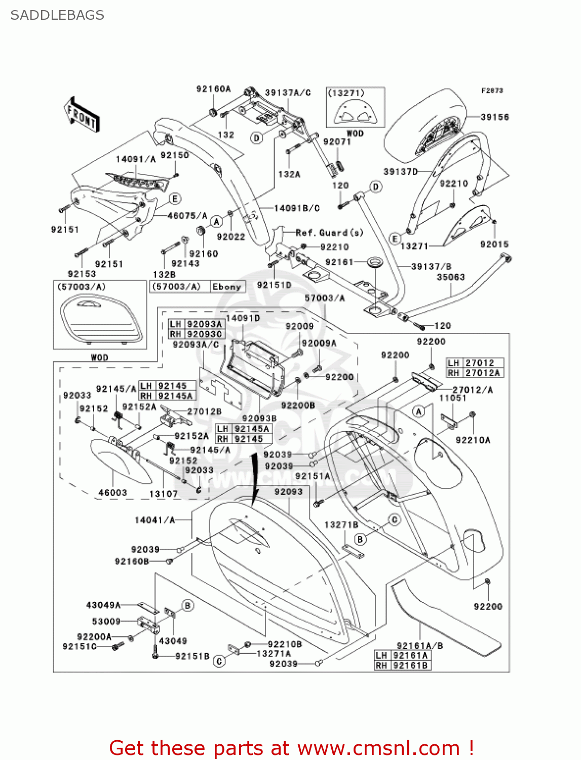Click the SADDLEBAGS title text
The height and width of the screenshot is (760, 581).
point(57,15)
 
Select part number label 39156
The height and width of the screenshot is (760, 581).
point(494,117)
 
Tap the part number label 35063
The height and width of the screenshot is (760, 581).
point(450,277)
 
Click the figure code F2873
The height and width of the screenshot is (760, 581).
point(492,91)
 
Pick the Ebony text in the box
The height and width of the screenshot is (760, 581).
point(226,287)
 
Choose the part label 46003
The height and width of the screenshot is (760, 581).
point(112,492)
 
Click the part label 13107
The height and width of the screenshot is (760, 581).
point(163,493)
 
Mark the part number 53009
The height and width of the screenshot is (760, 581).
point(106,621)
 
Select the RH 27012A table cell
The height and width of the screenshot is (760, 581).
point(475,373)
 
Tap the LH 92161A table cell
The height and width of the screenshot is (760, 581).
point(403,656)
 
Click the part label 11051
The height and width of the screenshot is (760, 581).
point(452,398)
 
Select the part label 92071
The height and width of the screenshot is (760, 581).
point(337,142)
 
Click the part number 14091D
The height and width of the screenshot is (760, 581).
point(243,318)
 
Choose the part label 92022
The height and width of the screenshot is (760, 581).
point(230,237)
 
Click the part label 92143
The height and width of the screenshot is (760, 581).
point(185,263)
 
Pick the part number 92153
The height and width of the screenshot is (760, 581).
point(82,274)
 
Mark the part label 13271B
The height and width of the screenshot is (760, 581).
point(341,525)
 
